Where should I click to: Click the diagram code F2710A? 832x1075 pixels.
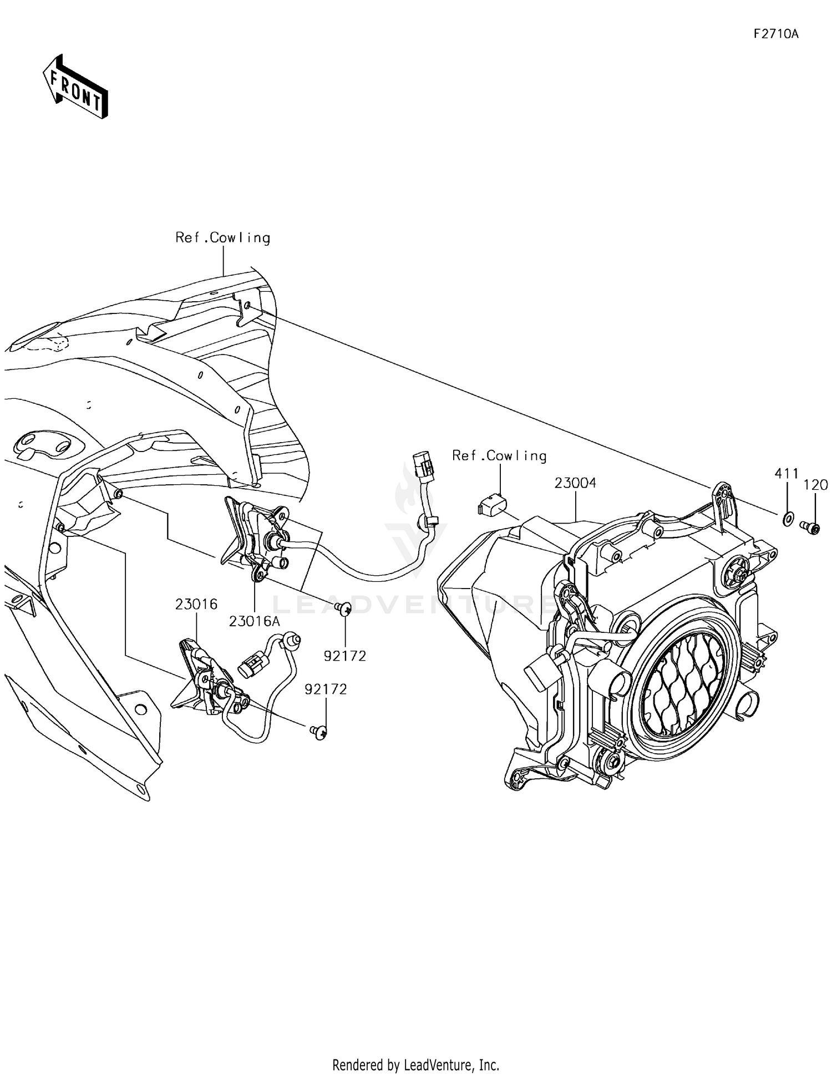tap(775, 34)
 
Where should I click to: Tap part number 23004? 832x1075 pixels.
tap(575, 483)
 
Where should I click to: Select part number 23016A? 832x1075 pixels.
tap(255, 621)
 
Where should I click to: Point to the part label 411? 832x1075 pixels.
tap(786, 474)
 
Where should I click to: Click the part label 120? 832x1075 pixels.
tap(815, 485)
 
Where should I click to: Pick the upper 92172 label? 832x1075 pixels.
tap(345, 656)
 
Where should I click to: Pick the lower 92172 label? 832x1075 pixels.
tap(326, 689)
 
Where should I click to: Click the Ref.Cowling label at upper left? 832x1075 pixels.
tap(223, 237)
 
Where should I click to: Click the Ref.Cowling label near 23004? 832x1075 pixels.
tap(499, 456)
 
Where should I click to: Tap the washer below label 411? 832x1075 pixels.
tap(787, 520)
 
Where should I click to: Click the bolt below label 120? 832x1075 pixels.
tap(811, 526)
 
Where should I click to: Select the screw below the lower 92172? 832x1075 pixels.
tap(318, 732)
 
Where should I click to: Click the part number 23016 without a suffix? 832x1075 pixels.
tap(196, 604)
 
